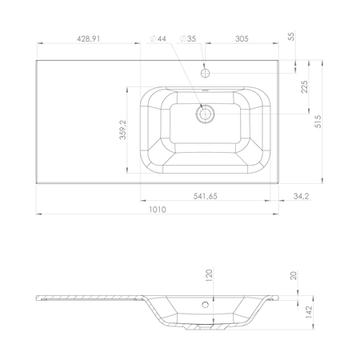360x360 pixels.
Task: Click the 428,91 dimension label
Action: click(x=89, y=39)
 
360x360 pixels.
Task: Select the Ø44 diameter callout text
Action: click(x=158, y=39)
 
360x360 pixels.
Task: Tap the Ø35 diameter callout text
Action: click(x=188, y=39)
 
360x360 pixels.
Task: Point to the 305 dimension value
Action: click(x=242, y=39)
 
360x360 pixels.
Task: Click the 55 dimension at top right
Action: click(x=292, y=36)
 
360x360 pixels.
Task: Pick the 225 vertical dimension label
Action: click(x=305, y=86)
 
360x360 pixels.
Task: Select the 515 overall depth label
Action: click(x=318, y=122)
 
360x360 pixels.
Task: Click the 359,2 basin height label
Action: click(x=123, y=130)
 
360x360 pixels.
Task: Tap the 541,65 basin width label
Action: click(x=206, y=196)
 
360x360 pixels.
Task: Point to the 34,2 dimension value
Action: click(x=301, y=196)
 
